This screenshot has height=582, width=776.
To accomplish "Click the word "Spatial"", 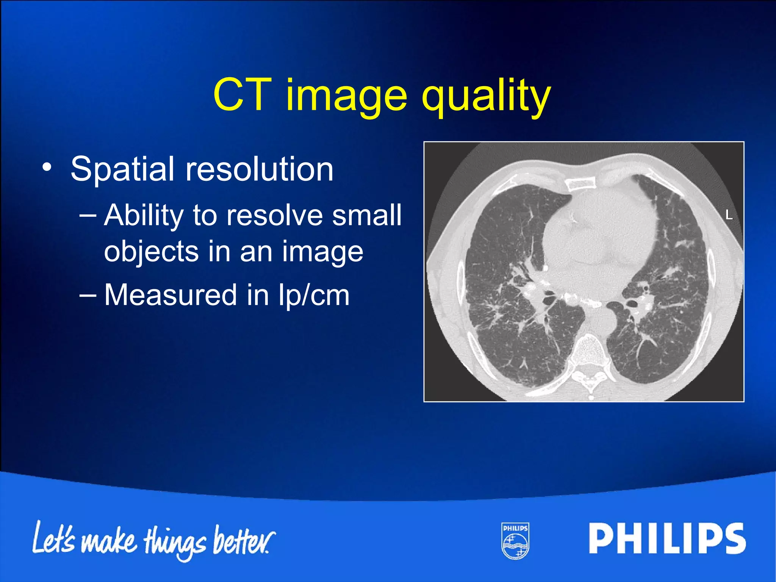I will tap(122, 169).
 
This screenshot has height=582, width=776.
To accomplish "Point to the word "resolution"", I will tap(259, 169).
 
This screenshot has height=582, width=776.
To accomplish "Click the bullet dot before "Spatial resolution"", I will tap(47, 167).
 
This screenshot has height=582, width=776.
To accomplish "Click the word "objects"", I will tap(151, 252).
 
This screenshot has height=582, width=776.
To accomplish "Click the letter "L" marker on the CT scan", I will tap(729, 215).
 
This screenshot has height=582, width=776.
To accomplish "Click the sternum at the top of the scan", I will tap(580, 184).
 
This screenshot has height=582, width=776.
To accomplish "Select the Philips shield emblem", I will tap(515, 541).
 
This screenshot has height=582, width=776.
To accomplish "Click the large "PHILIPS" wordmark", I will tap(667, 538).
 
